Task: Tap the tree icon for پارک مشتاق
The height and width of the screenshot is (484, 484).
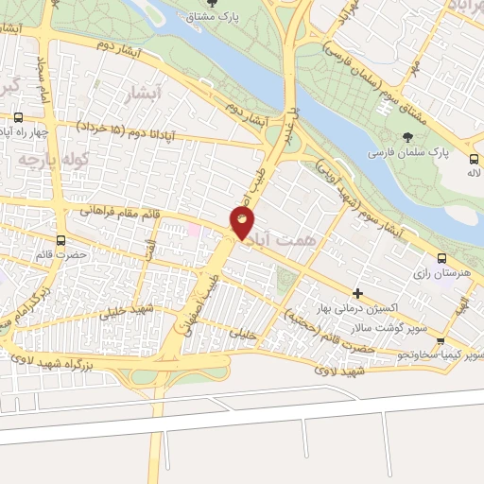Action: click(223, 4)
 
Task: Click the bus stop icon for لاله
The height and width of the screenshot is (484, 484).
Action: click(473, 159)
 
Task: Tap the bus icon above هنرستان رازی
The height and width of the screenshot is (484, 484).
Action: click(441, 258)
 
